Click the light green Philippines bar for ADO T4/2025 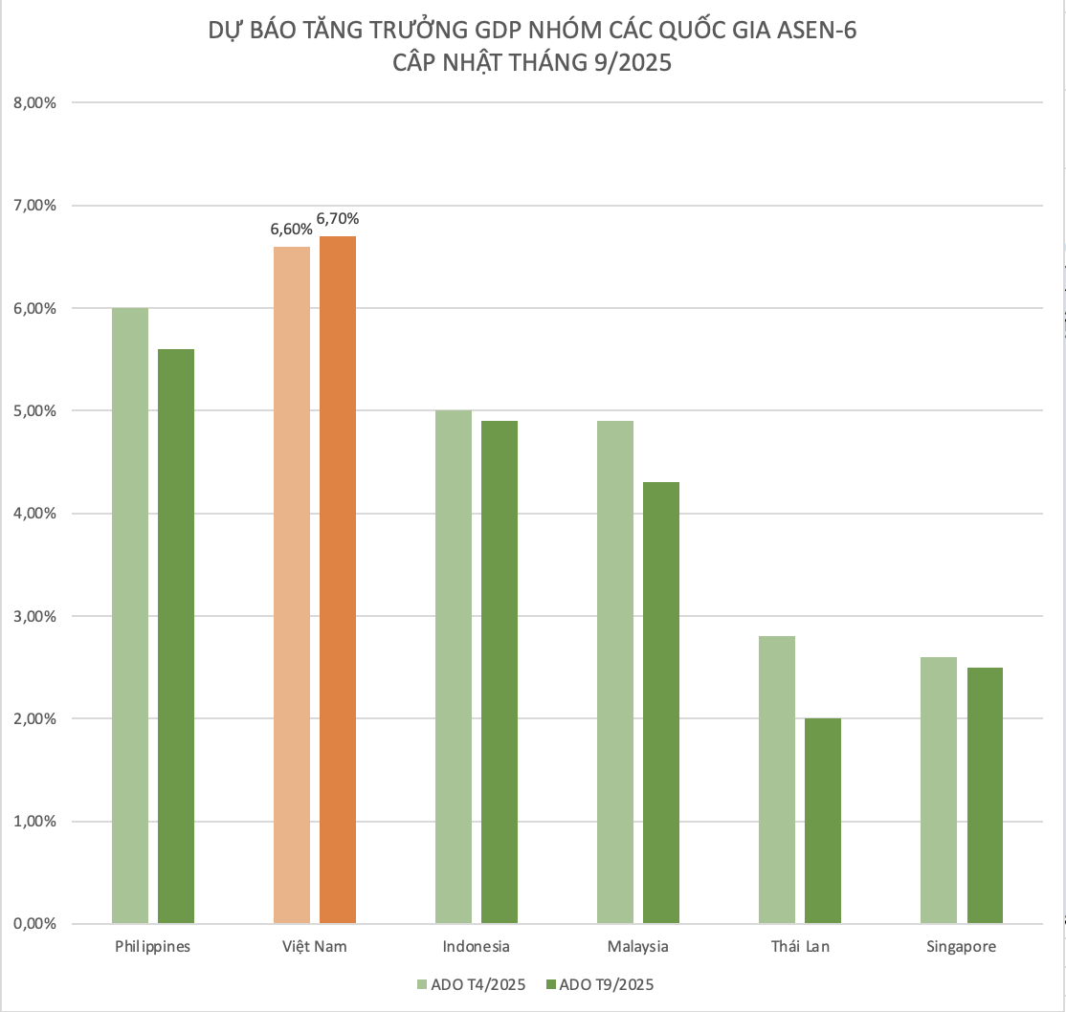130,616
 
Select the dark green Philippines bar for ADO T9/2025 176,636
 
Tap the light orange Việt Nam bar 292,585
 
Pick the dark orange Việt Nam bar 338,580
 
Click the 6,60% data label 291,230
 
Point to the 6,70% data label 338,219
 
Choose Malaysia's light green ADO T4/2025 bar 615,672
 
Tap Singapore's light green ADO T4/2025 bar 939,790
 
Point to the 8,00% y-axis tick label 35,103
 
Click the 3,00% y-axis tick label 35,616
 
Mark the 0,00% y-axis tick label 35,924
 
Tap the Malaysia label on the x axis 637,947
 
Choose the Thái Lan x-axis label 800,947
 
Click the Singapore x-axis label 962,947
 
